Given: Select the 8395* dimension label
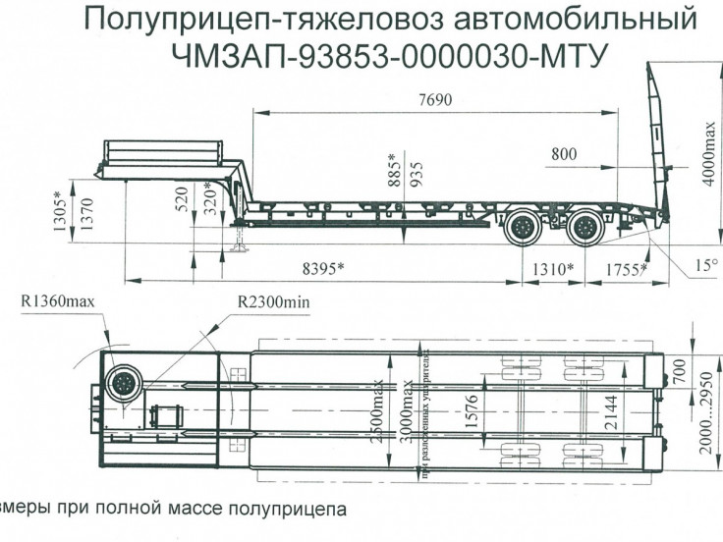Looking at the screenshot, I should [x=329, y=267].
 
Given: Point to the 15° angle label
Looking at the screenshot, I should [x=706, y=265].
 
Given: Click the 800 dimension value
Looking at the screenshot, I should [x=564, y=154].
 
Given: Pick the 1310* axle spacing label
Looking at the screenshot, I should [x=553, y=267].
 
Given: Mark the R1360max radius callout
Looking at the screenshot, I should [x=58, y=301].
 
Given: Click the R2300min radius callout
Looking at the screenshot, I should [x=273, y=301].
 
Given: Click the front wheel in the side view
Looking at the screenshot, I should [x=523, y=229].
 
